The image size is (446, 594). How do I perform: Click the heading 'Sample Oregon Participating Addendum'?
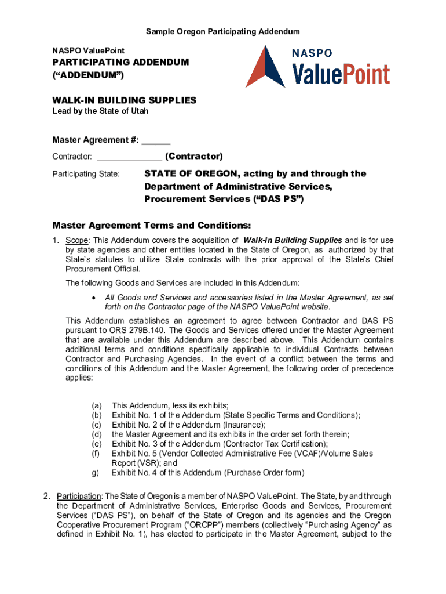tap(222, 31)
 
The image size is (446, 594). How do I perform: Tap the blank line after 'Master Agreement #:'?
tap(156, 139)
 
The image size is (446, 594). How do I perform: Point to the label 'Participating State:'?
tap(86, 174)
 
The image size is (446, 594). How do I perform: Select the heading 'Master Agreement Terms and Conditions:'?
tap(152, 225)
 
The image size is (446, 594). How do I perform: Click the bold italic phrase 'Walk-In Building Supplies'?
tap(293, 240)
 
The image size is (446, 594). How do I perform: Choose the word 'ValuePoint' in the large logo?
tap(340, 74)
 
